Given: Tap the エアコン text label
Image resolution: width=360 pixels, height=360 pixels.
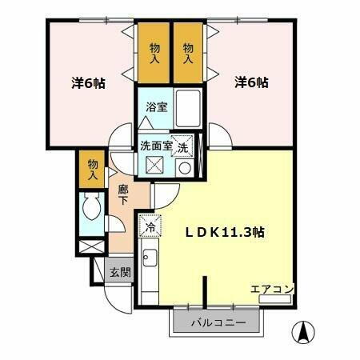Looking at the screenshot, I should (x=272, y=289).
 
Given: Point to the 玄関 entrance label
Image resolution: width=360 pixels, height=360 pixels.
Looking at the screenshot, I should (x=120, y=272).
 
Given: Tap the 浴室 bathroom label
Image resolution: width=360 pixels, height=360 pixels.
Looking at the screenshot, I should (x=156, y=106).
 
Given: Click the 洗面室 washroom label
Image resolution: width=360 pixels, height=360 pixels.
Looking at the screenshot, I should (x=156, y=146).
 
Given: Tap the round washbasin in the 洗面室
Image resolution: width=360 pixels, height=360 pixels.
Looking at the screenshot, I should (x=184, y=168).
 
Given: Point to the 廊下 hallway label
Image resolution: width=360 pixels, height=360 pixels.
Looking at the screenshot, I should (x=122, y=196).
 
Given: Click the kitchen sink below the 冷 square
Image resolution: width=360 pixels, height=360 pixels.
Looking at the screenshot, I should (x=149, y=260).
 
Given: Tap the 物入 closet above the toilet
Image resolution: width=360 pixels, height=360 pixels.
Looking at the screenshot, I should (x=93, y=168).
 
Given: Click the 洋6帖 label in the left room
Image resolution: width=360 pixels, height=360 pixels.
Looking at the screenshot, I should (x=88, y=82).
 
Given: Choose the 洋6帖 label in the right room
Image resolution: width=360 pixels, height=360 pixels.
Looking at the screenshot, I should (x=250, y=82).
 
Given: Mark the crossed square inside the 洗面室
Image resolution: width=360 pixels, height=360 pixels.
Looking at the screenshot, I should (x=155, y=166).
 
